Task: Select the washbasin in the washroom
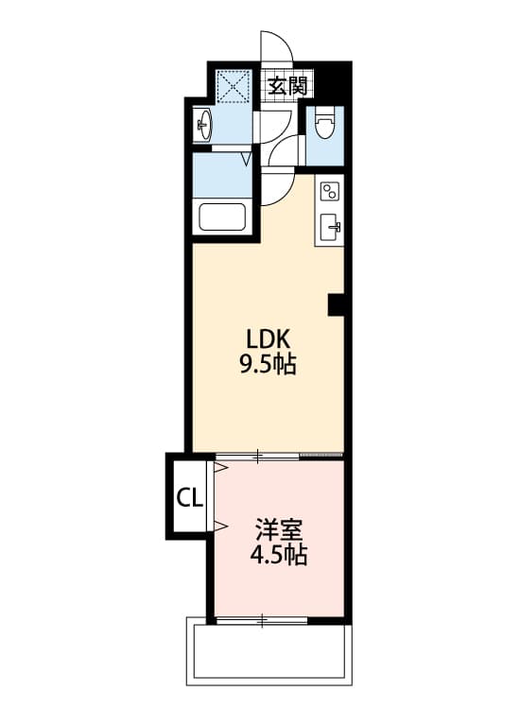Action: (x=202, y=124)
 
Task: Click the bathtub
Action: (x=223, y=217)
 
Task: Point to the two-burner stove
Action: (x=329, y=192)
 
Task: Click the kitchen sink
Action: (x=330, y=227)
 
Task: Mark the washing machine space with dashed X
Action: (x=232, y=88)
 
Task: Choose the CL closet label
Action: (x=189, y=497)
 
